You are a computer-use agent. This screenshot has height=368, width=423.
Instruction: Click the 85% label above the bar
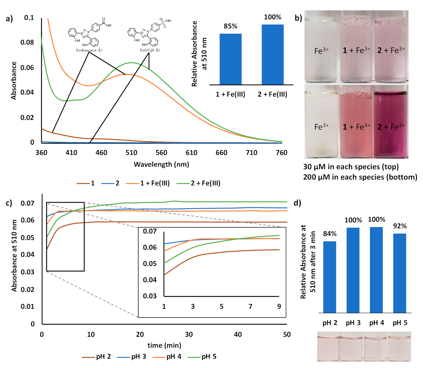click(x=230, y=27)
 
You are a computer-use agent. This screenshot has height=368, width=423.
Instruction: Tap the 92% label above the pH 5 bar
click(x=399, y=226)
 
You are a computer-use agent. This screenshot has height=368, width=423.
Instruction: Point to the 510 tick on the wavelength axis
click(x=131, y=153)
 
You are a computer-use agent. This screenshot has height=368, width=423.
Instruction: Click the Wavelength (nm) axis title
click(x=161, y=164)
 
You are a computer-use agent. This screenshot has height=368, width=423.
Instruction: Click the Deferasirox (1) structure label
click(x=89, y=50)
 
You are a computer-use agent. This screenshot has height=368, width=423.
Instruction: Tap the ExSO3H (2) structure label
click(x=150, y=50)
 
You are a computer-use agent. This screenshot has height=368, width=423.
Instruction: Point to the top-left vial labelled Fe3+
click(x=321, y=50)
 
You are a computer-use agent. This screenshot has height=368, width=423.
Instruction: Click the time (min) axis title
click(x=164, y=345)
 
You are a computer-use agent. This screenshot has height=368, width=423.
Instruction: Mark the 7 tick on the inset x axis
click(x=250, y=306)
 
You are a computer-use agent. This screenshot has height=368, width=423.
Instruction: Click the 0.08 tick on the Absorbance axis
click(x=29, y=42)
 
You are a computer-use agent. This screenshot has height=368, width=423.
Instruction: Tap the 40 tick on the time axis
click(x=238, y=334)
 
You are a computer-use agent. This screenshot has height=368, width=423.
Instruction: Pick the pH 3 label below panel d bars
click(x=353, y=323)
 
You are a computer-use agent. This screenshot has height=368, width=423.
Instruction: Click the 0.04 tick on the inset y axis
click(x=149, y=280)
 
